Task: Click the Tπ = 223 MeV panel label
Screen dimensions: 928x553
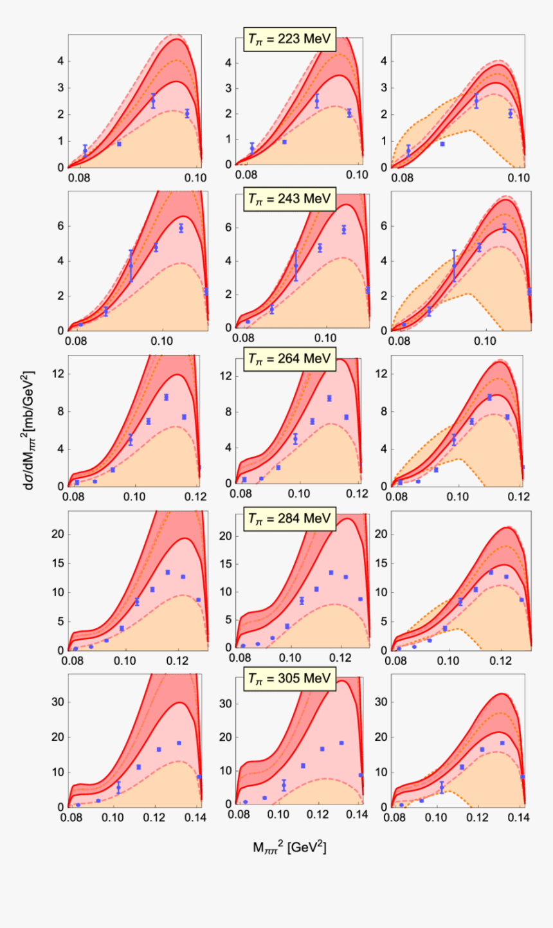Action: (289, 40)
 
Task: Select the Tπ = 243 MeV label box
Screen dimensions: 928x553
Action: (289, 199)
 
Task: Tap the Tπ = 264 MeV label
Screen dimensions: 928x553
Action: (289, 359)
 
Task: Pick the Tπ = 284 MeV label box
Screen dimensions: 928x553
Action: (289, 518)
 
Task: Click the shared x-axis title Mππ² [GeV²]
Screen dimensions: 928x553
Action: (289, 848)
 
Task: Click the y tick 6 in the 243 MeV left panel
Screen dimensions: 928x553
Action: (59, 226)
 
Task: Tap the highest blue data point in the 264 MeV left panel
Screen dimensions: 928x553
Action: (166, 397)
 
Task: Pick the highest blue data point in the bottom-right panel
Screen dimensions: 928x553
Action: (502, 743)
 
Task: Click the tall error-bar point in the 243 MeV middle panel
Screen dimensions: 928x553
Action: (296, 265)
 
